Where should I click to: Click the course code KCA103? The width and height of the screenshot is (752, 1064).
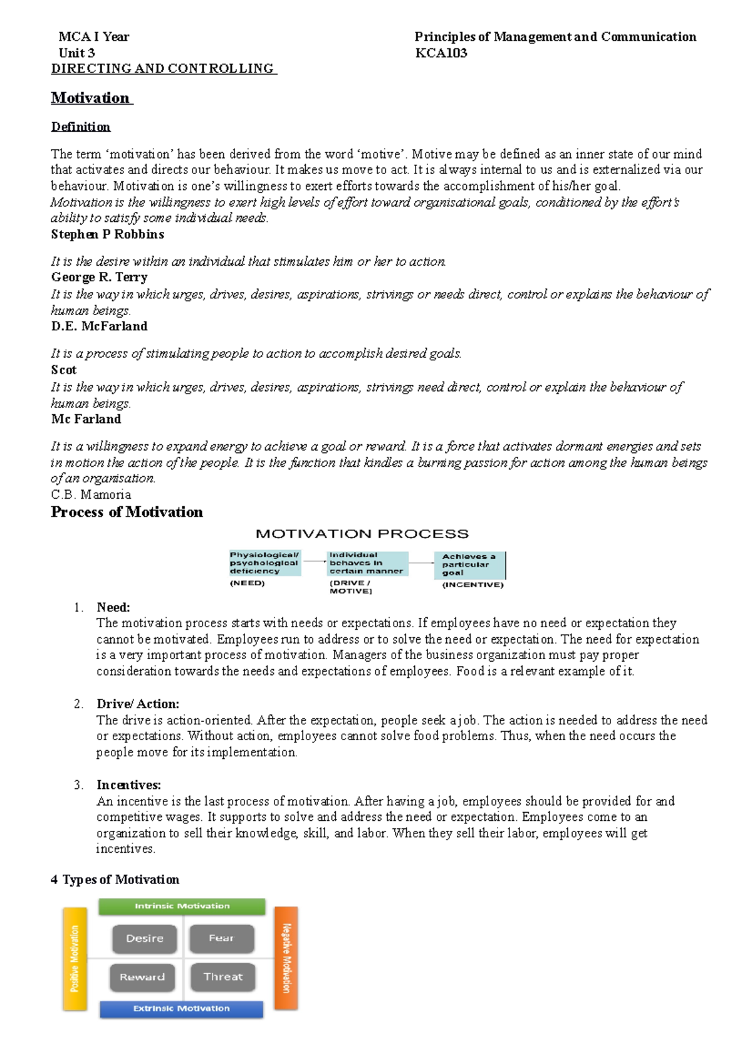(441, 53)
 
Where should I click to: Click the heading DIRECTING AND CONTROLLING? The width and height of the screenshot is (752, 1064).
(163, 68)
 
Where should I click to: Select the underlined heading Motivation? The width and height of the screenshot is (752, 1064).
(91, 98)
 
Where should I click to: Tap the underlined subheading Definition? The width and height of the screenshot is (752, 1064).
(81, 127)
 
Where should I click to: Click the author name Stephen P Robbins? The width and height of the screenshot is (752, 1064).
(108, 234)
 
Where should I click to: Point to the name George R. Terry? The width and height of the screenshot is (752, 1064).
(99, 277)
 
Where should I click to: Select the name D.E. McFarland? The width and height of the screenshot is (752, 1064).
(99, 326)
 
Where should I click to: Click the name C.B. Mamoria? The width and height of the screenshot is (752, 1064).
(91, 494)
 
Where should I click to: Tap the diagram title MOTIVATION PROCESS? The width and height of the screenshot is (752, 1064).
(362, 534)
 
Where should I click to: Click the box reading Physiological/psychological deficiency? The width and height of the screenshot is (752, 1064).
(264, 563)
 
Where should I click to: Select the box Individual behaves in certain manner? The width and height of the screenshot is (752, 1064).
(367, 563)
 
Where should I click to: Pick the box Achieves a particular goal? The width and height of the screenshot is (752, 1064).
(470, 565)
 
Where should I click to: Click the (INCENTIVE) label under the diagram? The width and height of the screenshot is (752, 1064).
(473, 585)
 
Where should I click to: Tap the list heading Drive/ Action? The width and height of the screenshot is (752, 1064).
(138, 704)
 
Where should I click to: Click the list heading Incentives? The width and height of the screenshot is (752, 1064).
(128, 785)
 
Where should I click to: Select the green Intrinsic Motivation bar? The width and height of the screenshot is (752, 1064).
(182, 906)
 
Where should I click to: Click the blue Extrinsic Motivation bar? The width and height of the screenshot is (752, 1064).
(181, 1008)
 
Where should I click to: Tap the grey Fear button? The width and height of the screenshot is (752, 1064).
(221, 938)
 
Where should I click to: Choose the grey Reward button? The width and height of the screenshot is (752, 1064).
(142, 977)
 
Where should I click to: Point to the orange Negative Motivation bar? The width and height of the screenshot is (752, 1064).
(286, 957)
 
